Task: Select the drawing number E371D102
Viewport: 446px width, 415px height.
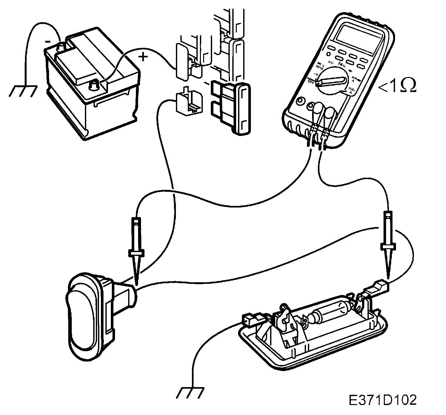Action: coord(383,400)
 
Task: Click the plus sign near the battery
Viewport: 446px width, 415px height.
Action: coord(143,57)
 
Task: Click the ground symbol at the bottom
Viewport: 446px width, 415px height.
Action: coord(190,393)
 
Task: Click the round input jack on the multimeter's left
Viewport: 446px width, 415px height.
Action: coord(300,101)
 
